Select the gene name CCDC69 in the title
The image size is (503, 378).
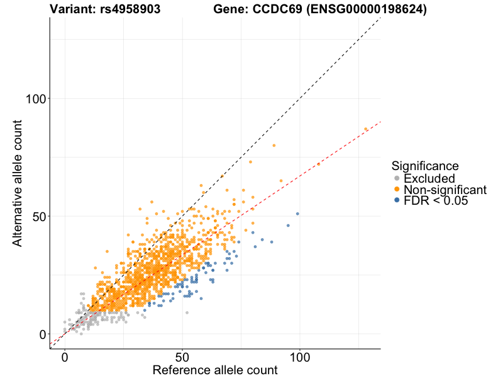(x=278, y=9)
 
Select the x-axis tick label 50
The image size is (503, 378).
(x=182, y=357)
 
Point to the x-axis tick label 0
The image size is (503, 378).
(x=65, y=357)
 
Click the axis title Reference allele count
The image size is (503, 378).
(x=215, y=370)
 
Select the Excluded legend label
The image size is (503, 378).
(x=429, y=179)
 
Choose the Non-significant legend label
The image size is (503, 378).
(x=445, y=190)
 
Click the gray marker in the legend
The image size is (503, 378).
(x=396, y=179)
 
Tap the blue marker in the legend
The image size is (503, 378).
(x=396, y=200)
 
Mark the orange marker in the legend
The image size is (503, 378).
(x=396, y=190)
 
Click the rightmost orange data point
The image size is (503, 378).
(x=366, y=129)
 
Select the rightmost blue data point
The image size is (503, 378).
(x=297, y=214)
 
